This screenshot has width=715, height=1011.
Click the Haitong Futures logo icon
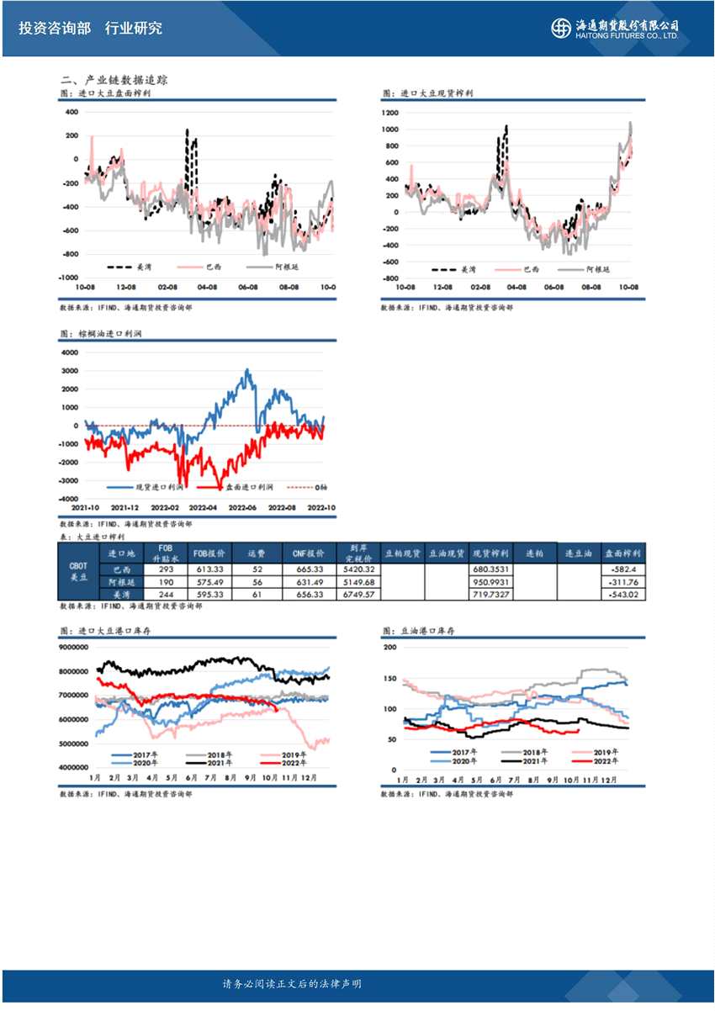[x=560, y=28]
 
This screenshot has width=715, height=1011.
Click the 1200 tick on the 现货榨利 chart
[x=389, y=112]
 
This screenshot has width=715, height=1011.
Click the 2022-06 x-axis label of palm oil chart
[x=243, y=508]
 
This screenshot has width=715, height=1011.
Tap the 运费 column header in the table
[x=257, y=554]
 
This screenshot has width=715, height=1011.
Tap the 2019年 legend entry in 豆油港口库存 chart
[x=606, y=752]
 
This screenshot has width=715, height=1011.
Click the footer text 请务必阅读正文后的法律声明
[x=292, y=984]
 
